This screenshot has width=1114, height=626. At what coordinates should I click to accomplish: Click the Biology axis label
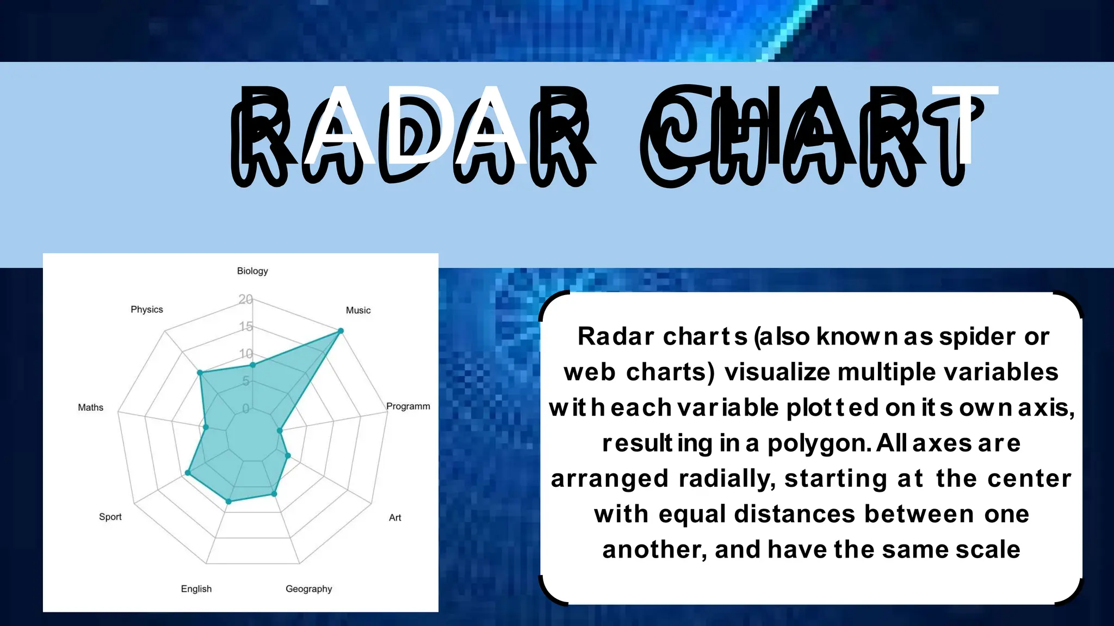point(252,271)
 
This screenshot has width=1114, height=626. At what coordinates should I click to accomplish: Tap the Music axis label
point(358,310)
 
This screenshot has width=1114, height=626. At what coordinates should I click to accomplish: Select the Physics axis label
point(147,309)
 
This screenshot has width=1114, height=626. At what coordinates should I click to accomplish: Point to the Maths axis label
point(90,408)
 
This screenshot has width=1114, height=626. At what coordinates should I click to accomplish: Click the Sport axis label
point(110,517)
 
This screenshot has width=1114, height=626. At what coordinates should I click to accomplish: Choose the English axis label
point(196,589)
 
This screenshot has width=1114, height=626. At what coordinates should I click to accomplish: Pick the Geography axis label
point(308,589)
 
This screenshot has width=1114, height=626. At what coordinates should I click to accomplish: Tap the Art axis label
point(395,518)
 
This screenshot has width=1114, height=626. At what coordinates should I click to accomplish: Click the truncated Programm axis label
point(408,406)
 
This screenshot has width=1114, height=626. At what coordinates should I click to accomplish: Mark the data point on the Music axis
point(341,331)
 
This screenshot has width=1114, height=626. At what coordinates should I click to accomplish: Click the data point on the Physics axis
point(200,373)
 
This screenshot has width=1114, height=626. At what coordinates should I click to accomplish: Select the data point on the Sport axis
point(188,473)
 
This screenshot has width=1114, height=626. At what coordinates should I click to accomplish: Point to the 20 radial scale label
point(246,299)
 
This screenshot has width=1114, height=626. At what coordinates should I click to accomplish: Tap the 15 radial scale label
point(246,327)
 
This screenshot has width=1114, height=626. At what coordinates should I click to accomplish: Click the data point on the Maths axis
point(206,428)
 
